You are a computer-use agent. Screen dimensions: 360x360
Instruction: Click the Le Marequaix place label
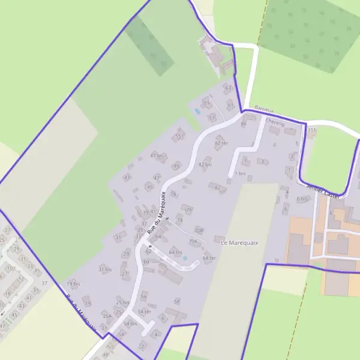[x=239, y=242]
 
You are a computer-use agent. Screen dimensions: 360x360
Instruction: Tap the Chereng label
[x=274, y=122]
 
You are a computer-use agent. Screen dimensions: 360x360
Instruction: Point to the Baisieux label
[x=264, y=109]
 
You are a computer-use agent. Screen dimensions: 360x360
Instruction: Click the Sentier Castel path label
[x=323, y=193]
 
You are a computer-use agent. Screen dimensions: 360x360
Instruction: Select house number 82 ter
[x=221, y=143]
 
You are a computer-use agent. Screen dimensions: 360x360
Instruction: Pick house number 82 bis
[x=205, y=164]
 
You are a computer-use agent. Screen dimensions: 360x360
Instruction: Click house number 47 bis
[x=157, y=155]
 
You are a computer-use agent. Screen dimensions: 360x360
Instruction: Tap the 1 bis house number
[x=240, y=173]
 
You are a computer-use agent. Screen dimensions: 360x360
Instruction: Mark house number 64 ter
[x=208, y=258]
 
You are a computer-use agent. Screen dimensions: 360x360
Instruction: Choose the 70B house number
[x=199, y=230]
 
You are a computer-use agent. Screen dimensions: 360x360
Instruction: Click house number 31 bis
[x=105, y=269]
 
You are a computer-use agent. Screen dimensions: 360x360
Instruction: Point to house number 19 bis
[x=73, y=284]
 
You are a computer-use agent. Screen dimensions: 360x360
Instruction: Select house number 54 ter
[x=144, y=311]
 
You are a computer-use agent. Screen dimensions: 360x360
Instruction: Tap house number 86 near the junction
[x=244, y=124]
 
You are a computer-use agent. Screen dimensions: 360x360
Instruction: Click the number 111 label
[x=311, y=130]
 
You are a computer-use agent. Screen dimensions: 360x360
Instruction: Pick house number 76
[x=189, y=209]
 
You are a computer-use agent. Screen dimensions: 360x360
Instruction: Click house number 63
[x=228, y=88]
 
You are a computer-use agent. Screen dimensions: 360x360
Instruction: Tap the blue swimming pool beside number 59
[x=197, y=112]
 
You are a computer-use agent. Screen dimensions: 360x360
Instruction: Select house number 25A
[x=106, y=316]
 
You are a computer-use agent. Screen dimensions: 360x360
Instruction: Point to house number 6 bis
[x=301, y=199]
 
